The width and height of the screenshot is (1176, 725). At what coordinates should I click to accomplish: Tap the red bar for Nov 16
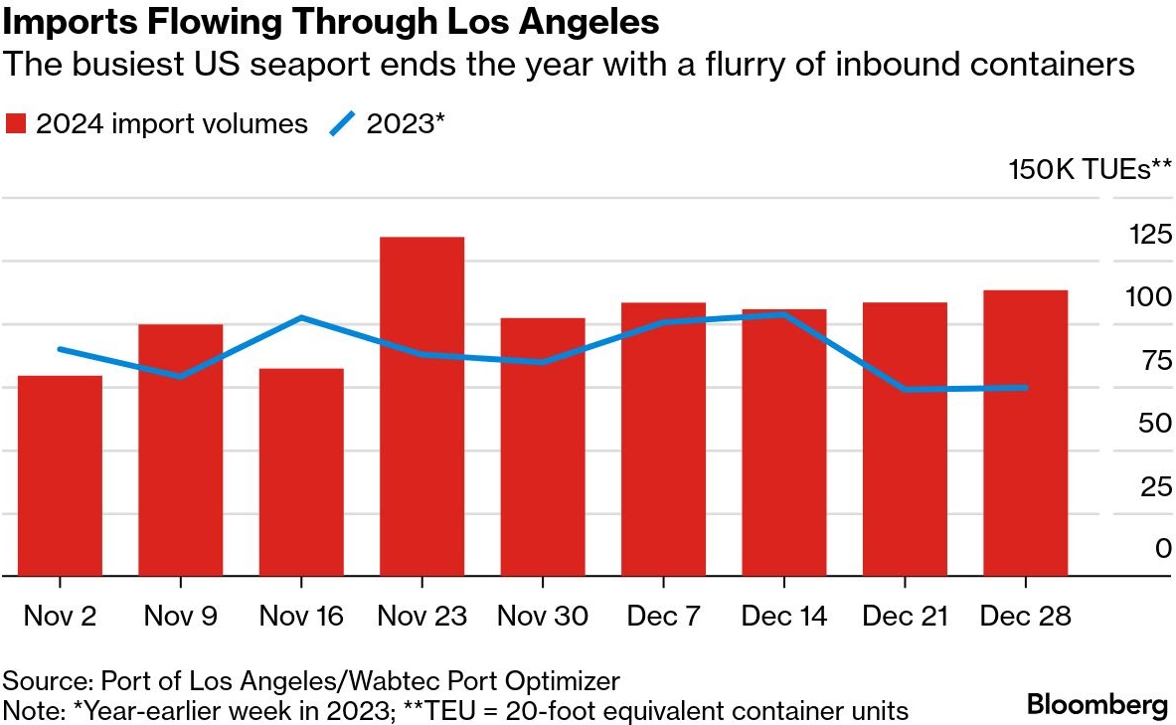point(301,471)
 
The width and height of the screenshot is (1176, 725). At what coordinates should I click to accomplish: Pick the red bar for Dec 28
point(1025,433)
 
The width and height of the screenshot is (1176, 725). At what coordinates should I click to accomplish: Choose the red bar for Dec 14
point(783,442)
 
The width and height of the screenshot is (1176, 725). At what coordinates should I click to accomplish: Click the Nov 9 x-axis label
point(180,617)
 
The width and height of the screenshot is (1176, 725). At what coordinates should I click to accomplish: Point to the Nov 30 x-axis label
point(543,617)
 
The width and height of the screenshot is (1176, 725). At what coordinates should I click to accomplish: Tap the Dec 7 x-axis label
point(663,617)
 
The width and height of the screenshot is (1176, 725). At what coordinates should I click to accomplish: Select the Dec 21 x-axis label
point(905,617)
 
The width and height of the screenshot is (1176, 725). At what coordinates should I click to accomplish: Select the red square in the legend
point(16,124)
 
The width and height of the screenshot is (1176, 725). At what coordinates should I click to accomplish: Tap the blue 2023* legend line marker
point(342,124)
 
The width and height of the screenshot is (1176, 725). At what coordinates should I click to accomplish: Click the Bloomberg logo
point(1096,705)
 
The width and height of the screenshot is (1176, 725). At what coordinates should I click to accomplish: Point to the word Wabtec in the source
point(336,681)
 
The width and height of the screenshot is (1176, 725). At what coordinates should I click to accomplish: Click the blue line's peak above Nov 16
point(301,317)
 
